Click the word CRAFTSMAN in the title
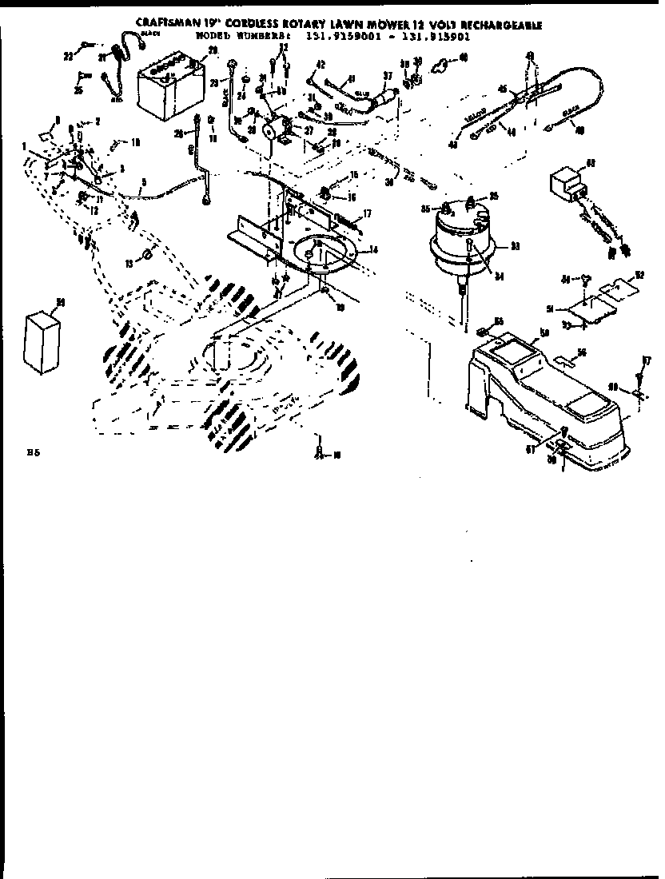tap(168, 26)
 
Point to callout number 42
tap(320, 65)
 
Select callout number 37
tap(388, 77)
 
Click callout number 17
tap(368, 213)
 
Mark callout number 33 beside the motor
tap(515, 245)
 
